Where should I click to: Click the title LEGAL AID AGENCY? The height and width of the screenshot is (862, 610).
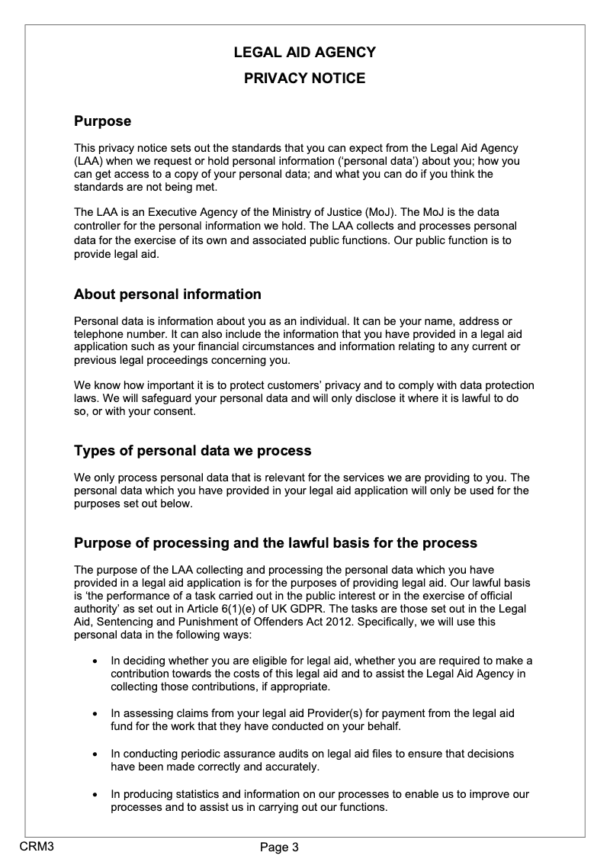point(304,53)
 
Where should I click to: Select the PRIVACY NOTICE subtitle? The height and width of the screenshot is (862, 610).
point(304,79)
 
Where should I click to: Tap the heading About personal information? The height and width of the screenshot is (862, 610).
point(167,294)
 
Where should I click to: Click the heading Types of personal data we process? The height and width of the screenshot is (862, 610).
point(192,451)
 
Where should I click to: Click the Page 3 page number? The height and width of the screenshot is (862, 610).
point(279,847)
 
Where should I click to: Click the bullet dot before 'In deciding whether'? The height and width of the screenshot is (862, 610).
point(94,661)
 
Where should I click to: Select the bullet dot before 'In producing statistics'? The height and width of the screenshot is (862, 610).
point(94,796)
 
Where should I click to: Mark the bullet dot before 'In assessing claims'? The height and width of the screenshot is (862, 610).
point(94,714)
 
